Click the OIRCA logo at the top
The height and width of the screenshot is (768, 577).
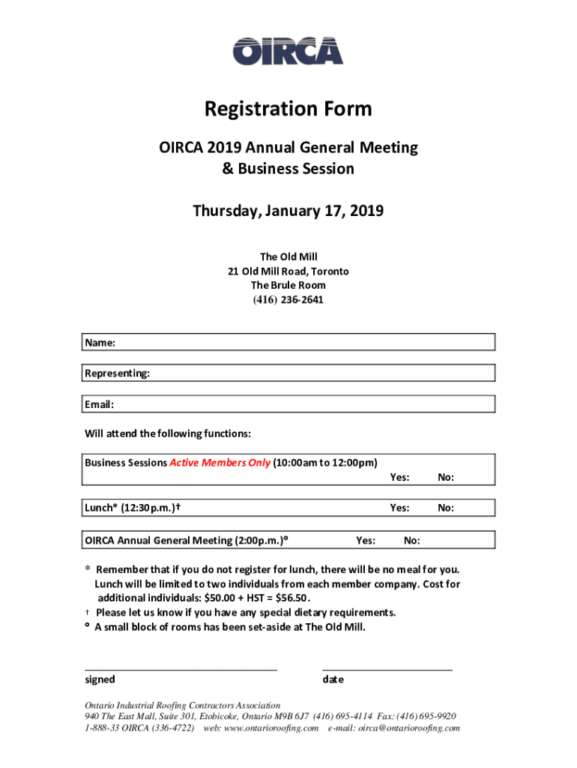288,51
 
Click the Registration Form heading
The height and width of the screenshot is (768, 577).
288,109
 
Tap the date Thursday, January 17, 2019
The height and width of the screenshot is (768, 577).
288,211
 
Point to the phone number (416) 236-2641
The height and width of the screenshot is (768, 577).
288,300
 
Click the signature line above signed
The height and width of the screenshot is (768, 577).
181,667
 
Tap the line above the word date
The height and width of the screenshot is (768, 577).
387,667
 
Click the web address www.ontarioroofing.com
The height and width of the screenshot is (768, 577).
271,728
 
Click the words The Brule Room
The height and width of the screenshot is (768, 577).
288,286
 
